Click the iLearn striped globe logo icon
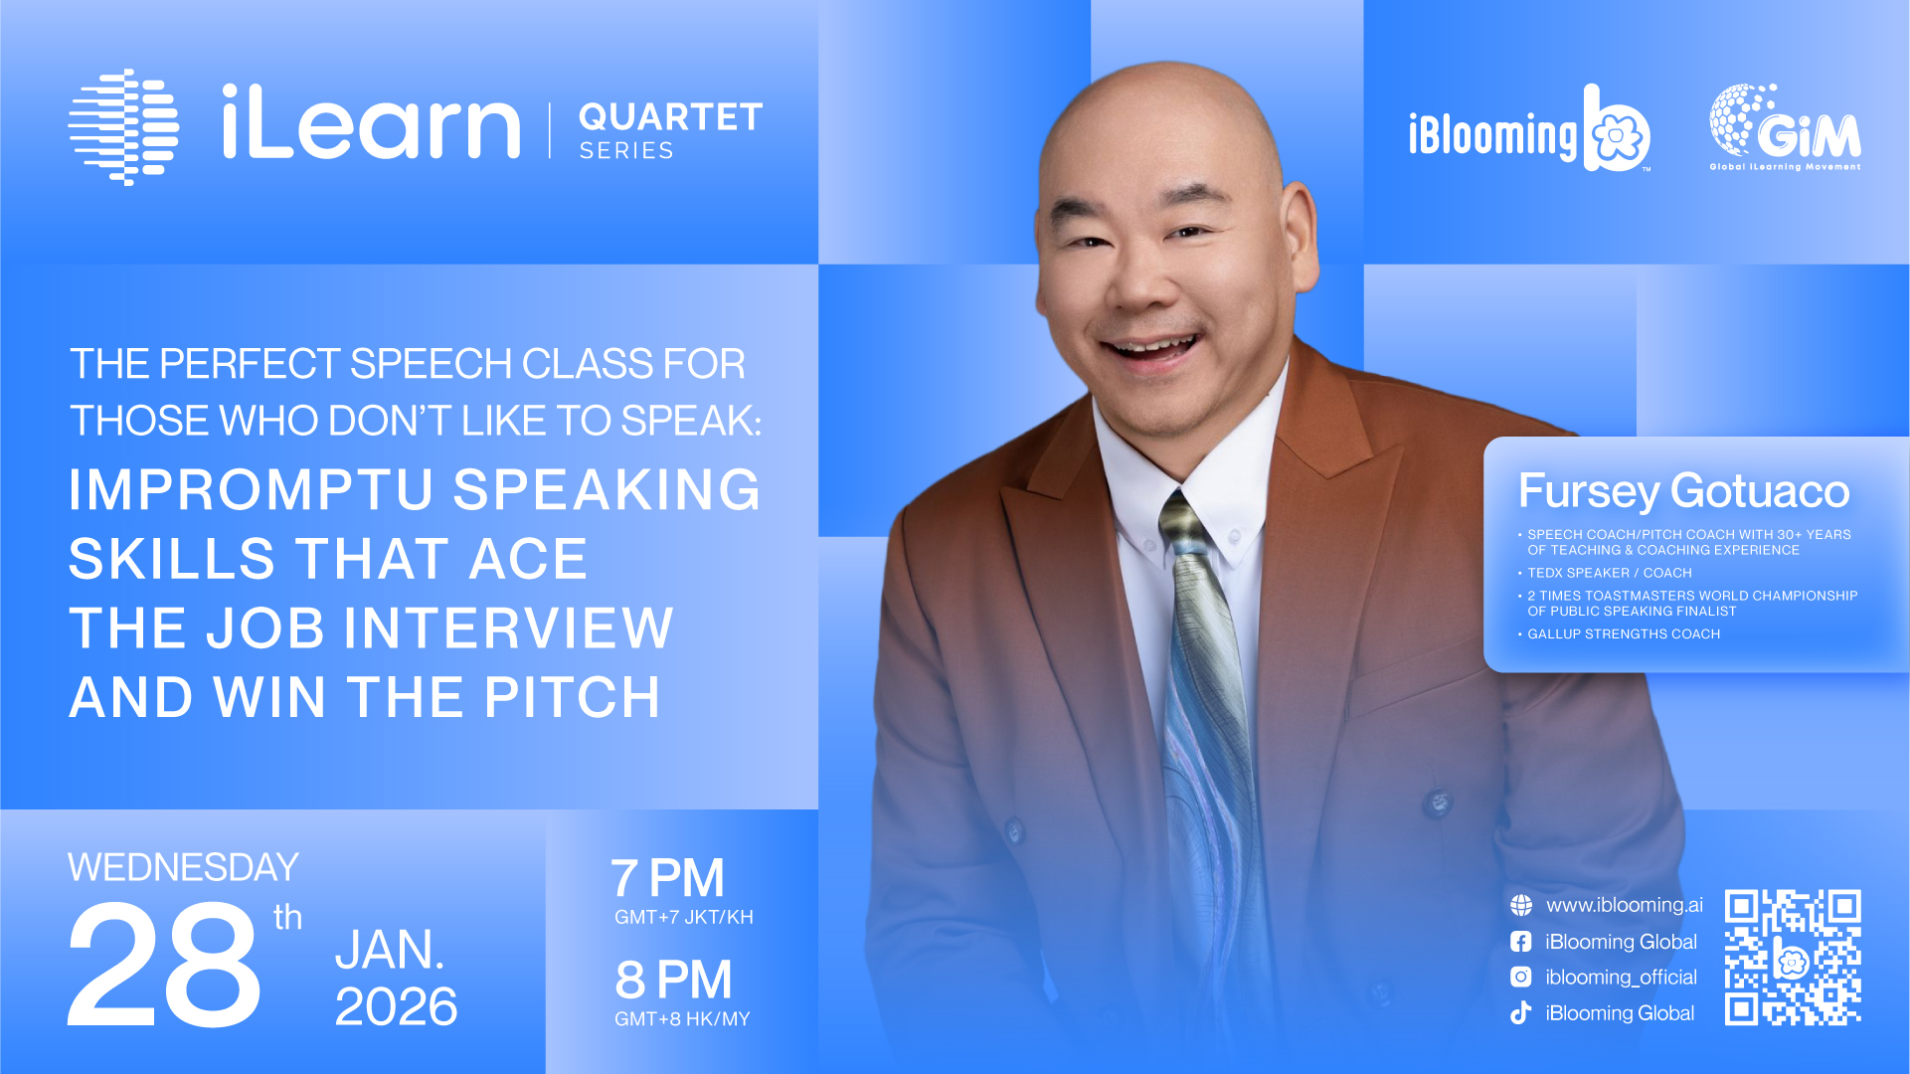123,126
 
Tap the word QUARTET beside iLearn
671,117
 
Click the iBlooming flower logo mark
1617,129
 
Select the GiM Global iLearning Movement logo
1785,127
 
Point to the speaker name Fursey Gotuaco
1683,491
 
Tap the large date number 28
164,965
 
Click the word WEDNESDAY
183,867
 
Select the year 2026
396,1006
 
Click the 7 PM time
667,878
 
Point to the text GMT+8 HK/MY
682,1018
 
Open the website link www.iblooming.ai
1624,905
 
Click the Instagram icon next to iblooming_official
1521,977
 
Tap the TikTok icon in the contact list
1521,1012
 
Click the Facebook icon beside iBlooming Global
1521,941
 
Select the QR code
1793,957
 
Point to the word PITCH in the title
572,697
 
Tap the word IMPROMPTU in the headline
252,490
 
